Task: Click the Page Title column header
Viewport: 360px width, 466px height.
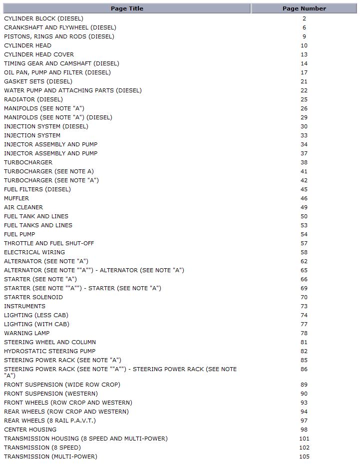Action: click(x=127, y=8)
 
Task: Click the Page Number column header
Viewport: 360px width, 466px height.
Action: click(x=304, y=8)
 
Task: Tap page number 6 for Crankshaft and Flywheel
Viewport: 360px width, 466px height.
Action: click(x=304, y=27)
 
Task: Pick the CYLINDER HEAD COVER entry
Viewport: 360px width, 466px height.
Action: click(x=39, y=54)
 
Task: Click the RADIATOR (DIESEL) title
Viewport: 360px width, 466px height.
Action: click(x=33, y=99)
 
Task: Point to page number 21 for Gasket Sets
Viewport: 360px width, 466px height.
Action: click(x=304, y=81)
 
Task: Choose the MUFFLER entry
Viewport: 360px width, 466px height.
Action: click(x=16, y=198)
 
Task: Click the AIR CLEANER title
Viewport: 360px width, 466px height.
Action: click(x=23, y=207)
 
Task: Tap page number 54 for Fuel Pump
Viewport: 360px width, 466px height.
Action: click(x=304, y=234)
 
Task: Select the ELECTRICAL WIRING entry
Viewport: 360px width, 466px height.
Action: click(x=34, y=252)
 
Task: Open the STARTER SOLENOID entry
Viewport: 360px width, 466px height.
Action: click(x=33, y=297)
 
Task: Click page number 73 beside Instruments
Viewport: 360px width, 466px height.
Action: click(x=304, y=306)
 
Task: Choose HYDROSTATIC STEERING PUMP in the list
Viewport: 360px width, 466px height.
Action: click(x=49, y=351)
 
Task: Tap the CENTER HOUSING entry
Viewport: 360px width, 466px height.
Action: click(x=30, y=430)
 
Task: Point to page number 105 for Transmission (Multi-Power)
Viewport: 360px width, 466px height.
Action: click(x=304, y=457)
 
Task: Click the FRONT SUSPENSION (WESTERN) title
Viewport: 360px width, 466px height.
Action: click(x=51, y=394)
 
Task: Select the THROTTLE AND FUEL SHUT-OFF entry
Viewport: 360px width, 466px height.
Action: click(x=49, y=243)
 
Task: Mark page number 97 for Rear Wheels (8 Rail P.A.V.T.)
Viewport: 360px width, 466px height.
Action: click(x=304, y=421)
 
